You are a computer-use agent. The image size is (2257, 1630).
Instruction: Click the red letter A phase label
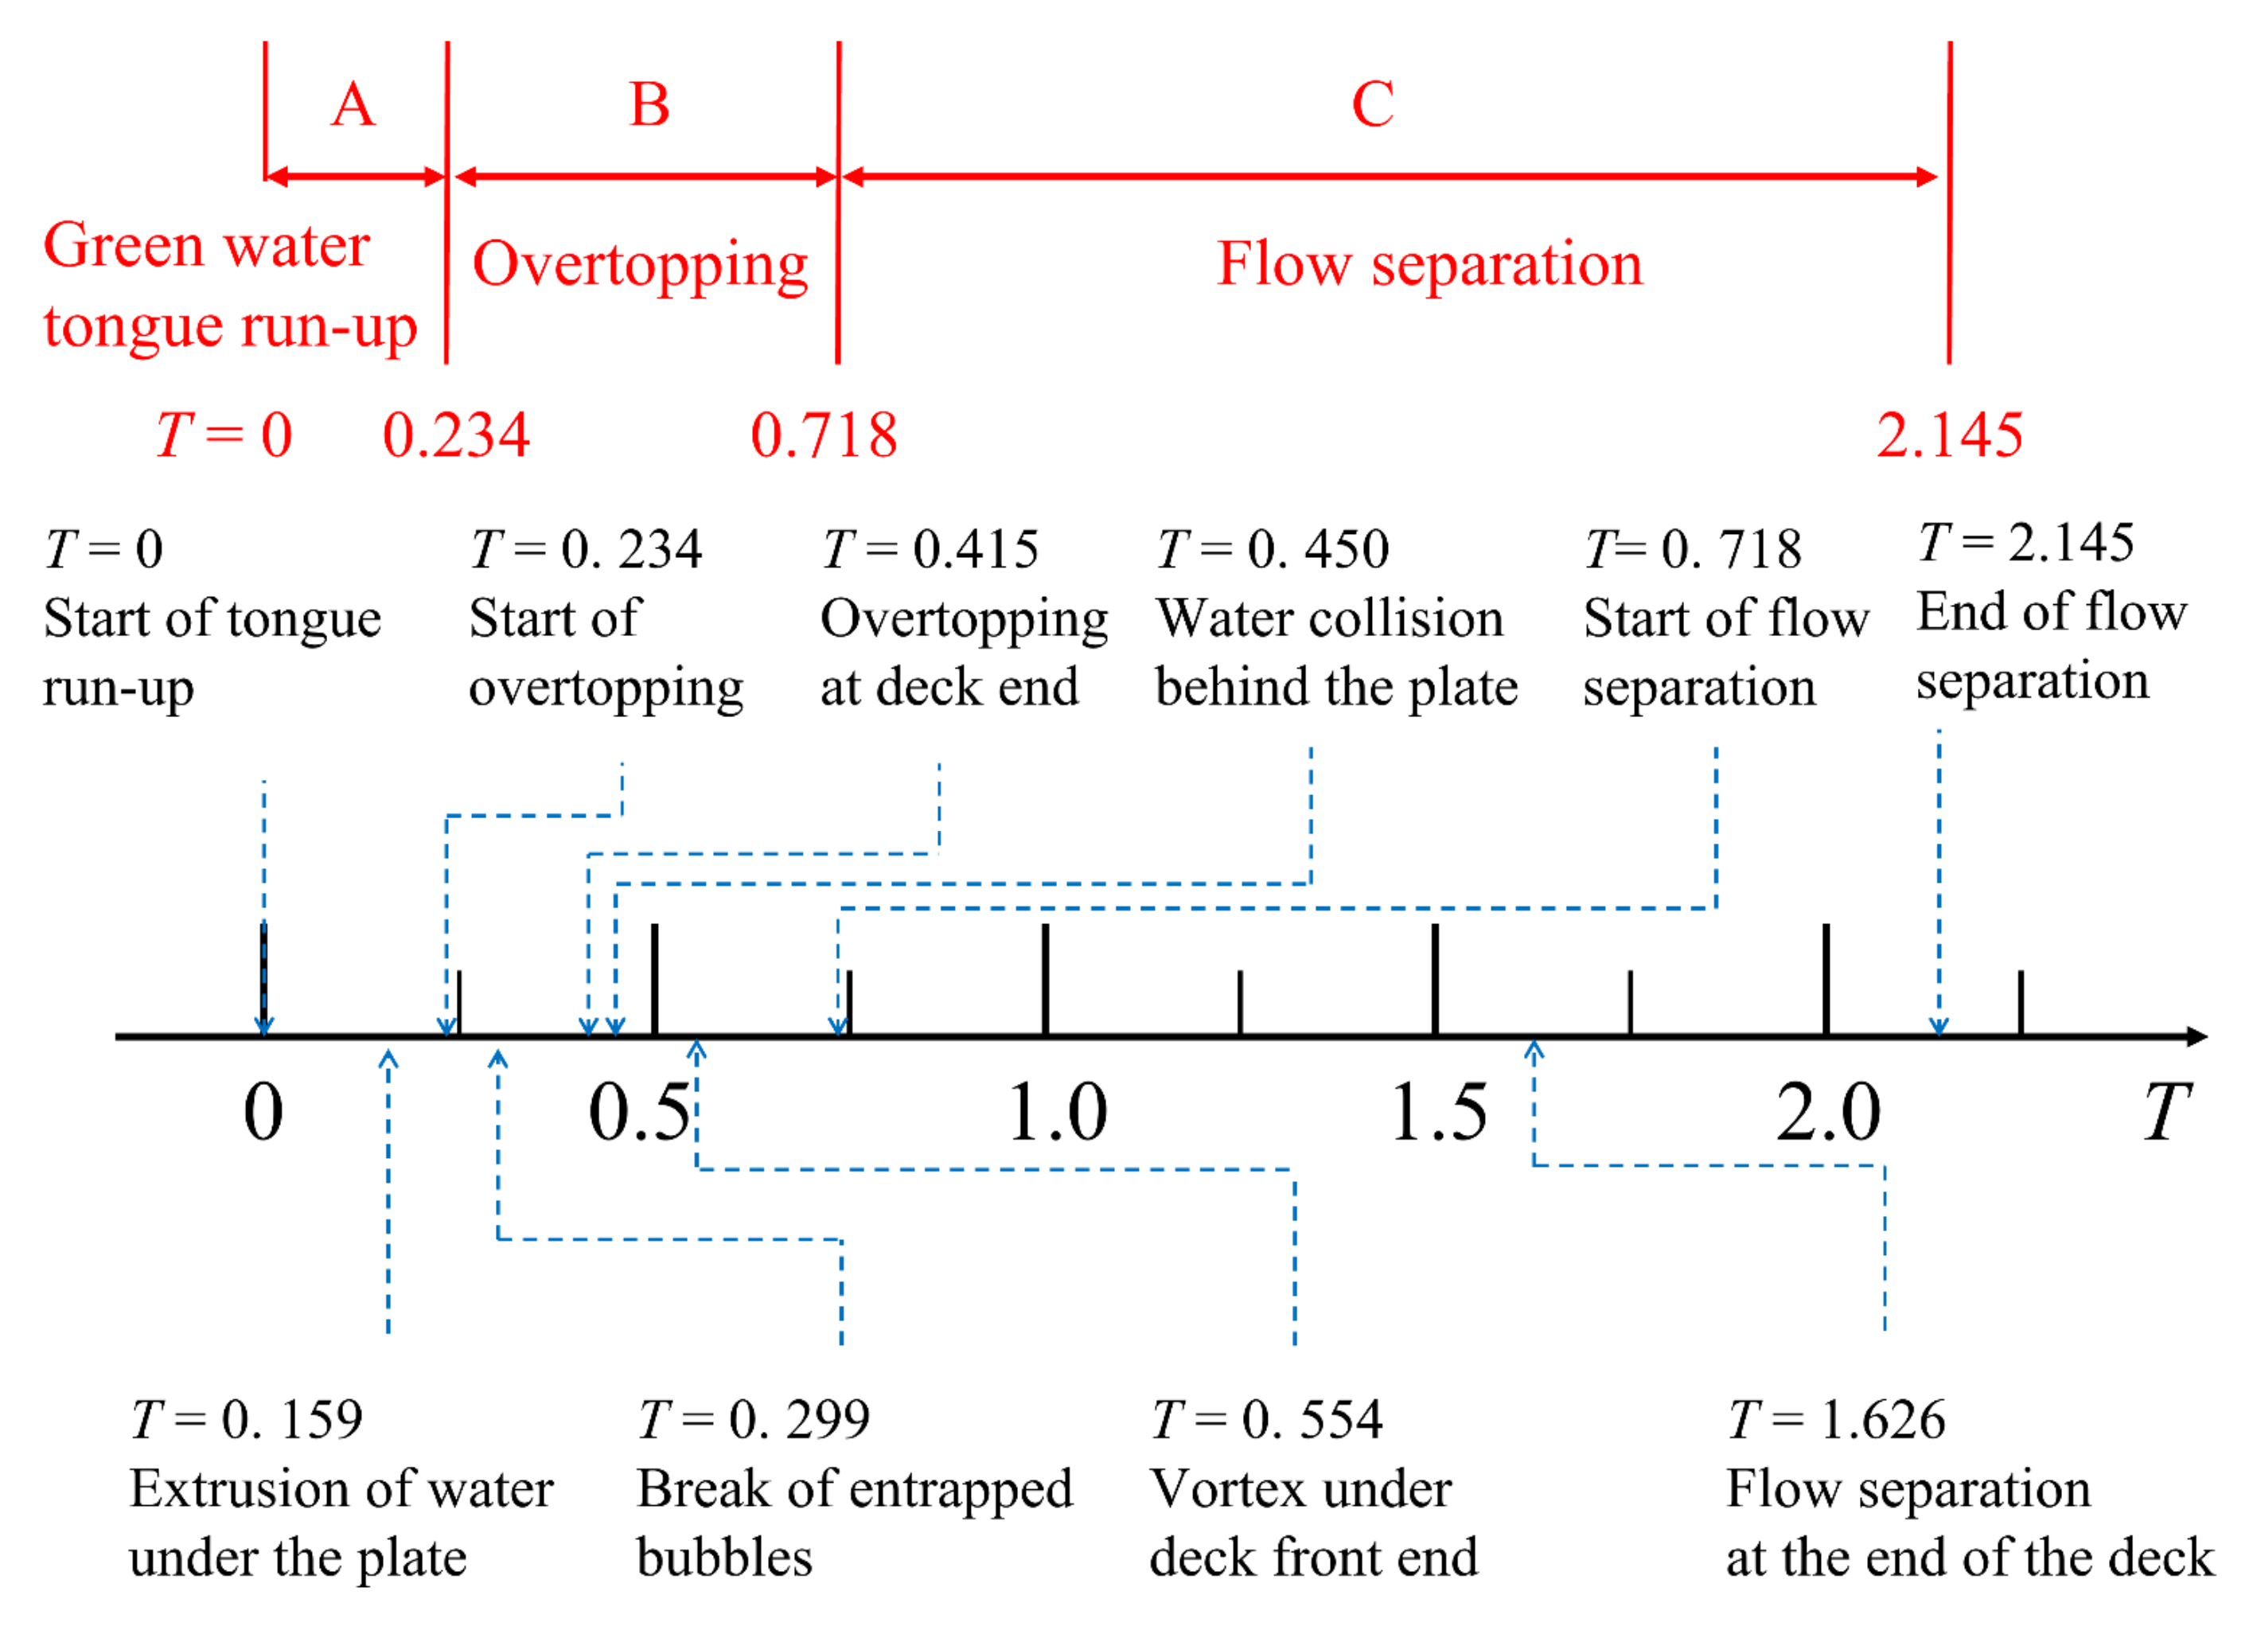tap(353, 104)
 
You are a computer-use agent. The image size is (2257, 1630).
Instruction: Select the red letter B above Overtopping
tap(649, 104)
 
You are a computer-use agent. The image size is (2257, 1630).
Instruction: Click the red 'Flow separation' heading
tap(1429, 265)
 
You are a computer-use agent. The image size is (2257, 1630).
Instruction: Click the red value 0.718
tap(824, 436)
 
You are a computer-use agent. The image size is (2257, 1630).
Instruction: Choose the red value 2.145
tap(1950, 436)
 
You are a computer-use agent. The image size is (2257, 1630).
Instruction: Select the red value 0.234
tap(456, 436)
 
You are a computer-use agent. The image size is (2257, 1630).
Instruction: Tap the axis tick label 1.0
tap(1057, 1113)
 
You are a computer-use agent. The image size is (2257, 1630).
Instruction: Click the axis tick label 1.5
tap(1439, 1113)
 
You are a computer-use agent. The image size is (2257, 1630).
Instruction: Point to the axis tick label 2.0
tap(1829, 1113)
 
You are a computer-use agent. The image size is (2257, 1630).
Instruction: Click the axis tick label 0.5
tap(639, 1113)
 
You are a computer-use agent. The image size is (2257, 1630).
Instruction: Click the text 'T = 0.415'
tap(930, 549)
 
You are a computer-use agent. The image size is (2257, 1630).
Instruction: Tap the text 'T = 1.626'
tap(1836, 1420)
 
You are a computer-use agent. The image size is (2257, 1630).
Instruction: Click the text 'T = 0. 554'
tap(1266, 1420)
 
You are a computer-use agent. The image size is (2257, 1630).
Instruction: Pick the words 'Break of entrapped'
tap(855, 1490)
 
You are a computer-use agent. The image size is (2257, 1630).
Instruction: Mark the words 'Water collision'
tap(1330, 619)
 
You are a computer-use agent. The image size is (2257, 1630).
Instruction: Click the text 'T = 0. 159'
tap(247, 1420)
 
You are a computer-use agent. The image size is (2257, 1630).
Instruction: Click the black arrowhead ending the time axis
tap(2197, 1037)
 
